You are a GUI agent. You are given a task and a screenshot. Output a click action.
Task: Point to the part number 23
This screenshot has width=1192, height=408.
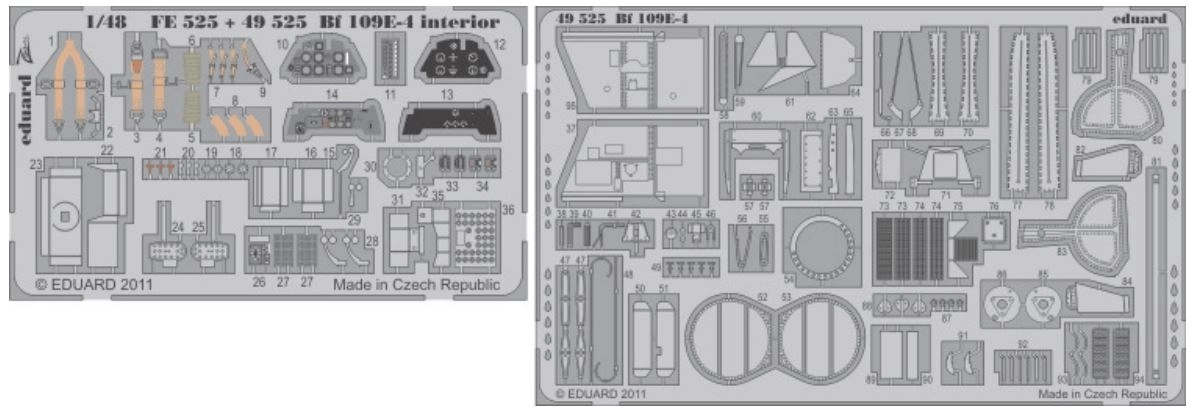36,163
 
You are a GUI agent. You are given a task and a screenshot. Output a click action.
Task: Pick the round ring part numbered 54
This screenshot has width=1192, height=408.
822,245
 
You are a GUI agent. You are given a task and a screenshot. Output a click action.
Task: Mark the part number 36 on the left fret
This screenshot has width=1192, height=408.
508,209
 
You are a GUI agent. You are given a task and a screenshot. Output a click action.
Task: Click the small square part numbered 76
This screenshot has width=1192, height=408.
993,226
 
